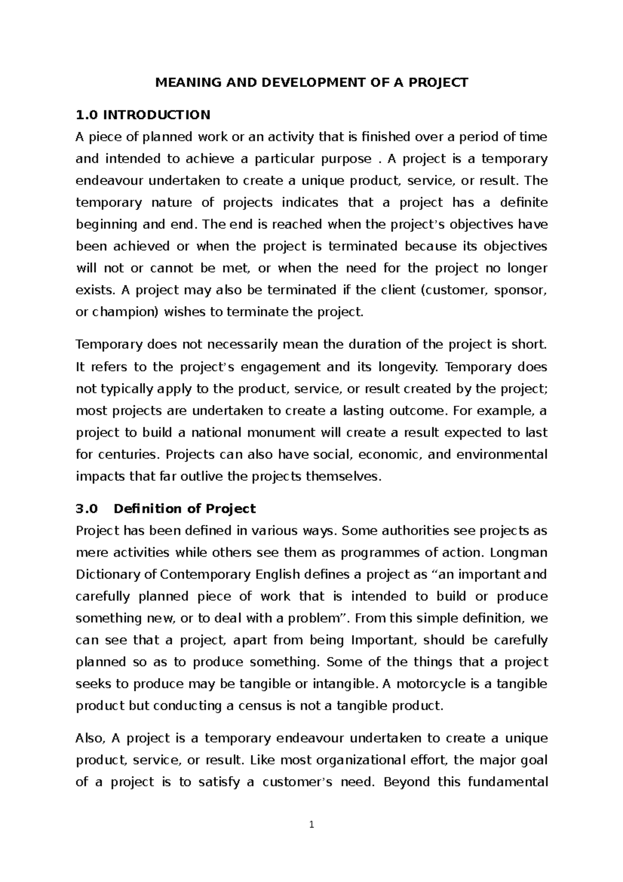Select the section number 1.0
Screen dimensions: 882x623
coord(87,114)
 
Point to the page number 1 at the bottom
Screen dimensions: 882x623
coord(311,824)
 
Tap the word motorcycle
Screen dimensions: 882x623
coord(431,684)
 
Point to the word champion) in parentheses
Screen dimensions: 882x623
coord(127,312)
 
